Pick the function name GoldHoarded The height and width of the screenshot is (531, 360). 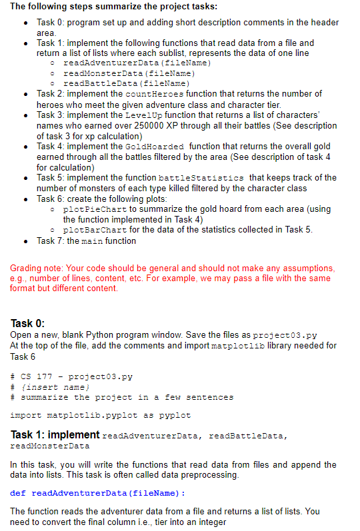point(159,146)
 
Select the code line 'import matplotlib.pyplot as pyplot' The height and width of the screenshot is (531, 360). point(101,415)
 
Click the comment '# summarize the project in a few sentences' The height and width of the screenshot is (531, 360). point(122,397)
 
